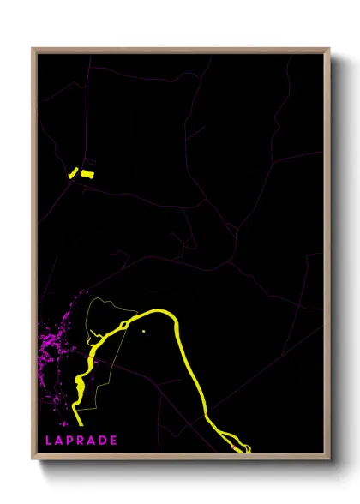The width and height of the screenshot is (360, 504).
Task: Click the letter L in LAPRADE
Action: pos(49,441)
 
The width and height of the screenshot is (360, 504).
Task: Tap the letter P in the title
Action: pos(72,441)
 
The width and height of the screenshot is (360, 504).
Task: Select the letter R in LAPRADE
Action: pos(83,441)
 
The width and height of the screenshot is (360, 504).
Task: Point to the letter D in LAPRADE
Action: pos(104,441)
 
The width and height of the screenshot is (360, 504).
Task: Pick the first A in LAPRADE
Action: pos(60,441)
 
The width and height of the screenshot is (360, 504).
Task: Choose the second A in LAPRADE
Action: pos(93,441)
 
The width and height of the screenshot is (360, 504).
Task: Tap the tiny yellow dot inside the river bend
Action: pos(144,332)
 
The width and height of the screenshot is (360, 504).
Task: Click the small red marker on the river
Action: pos(236,447)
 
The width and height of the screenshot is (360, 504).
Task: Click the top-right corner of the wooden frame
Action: pos(328,49)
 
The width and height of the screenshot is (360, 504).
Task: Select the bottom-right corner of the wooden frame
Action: pos(328,460)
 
